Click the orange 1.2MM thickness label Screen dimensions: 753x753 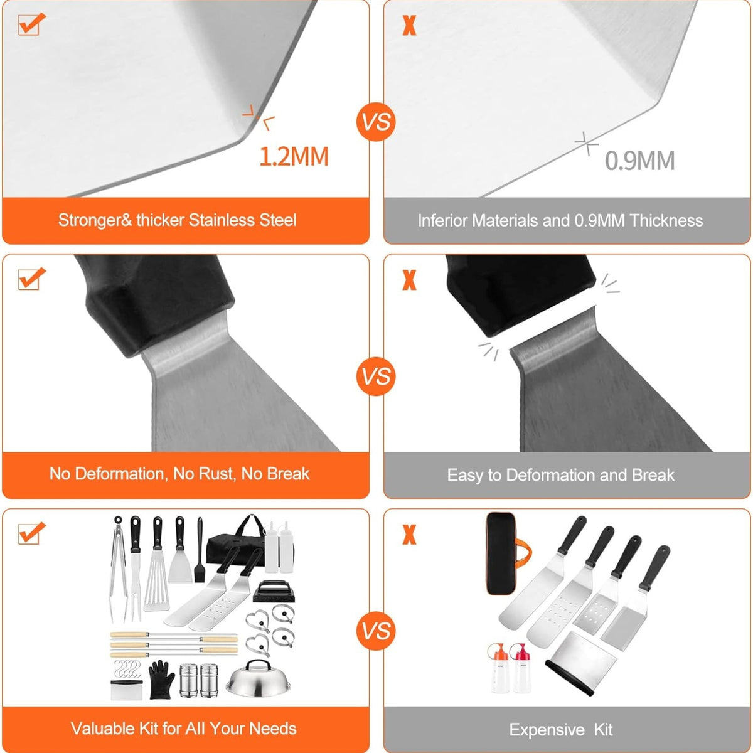(294, 157)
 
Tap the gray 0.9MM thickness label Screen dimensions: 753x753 (639, 161)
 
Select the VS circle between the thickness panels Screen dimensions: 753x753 (376, 122)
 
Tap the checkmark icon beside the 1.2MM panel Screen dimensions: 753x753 (31, 24)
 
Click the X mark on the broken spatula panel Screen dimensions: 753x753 (409, 280)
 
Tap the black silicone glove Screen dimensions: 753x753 (161, 679)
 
